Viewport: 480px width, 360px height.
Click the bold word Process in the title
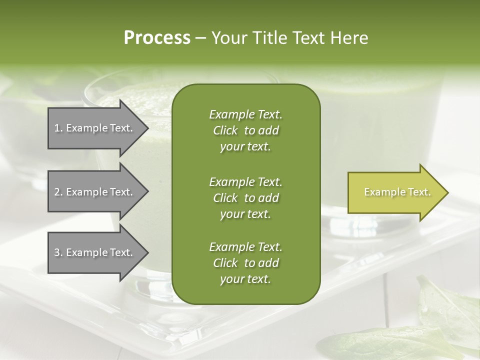[157, 38]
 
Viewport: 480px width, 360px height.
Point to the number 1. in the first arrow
[58, 128]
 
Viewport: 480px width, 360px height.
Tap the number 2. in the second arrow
[58, 192]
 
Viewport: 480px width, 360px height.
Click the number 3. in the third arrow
[58, 252]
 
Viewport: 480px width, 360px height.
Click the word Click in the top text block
[225, 131]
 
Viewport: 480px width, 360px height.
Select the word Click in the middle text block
[225, 198]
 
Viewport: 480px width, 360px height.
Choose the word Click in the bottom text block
[225, 263]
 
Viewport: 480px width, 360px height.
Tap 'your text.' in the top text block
[245, 147]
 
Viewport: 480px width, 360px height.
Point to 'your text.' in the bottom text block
[245, 279]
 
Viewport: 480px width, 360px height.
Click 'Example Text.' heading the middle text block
[245, 181]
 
